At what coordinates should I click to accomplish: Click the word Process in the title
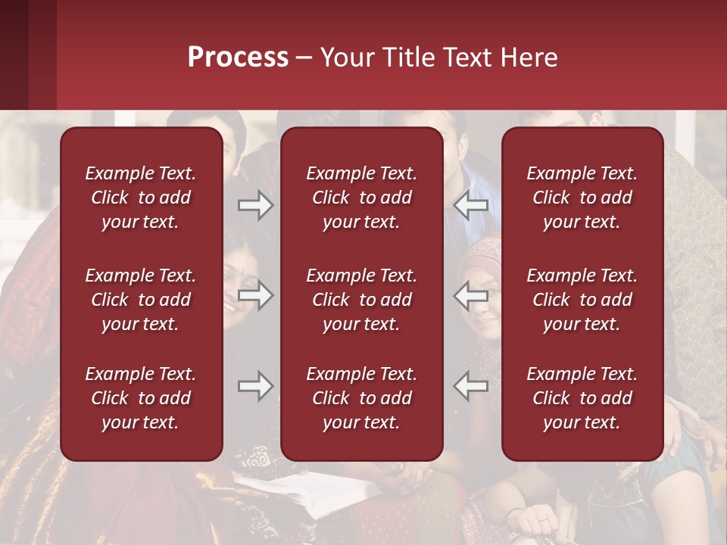click(x=238, y=58)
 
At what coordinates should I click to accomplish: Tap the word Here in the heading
click(x=529, y=58)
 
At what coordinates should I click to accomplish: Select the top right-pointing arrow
click(x=255, y=206)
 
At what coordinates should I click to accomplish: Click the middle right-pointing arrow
click(x=255, y=295)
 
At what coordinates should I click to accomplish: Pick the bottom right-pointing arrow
click(x=255, y=386)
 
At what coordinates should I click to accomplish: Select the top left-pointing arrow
click(x=470, y=206)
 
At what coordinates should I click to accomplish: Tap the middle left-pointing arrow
click(x=470, y=295)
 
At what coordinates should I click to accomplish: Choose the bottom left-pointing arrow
click(x=470, y=386)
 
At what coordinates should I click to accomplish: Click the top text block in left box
click(x=141, y=198)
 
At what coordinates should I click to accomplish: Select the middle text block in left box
click(x=141, y=300)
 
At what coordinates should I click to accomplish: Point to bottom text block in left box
click(x=141, y=398)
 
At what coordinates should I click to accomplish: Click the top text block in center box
click(x=362, y=198)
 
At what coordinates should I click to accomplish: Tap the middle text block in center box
click(x=362, y=300)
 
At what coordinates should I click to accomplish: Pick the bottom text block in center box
click(x=362, y=398)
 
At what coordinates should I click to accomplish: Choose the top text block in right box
click(x=582, y=198)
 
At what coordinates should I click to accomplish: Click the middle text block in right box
click(x=582, y=300)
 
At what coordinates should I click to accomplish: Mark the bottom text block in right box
click(x=582, y=398)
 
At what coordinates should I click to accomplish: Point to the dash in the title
click(x=304, y=58)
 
